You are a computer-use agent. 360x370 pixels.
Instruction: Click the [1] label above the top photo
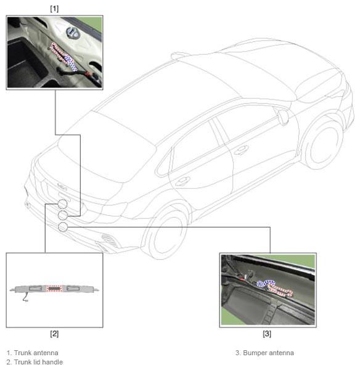54,9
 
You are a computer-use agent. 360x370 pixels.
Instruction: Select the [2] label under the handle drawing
54,334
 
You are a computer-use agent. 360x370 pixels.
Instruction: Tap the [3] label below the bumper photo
267,334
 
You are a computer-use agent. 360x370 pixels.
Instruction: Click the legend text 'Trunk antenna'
36,353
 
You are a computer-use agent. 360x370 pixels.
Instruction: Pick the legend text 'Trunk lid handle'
38,362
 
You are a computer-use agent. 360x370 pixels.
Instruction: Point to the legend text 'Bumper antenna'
269,353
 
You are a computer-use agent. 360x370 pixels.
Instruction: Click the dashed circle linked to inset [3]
63,227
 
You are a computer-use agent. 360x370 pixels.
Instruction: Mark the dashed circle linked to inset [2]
62,204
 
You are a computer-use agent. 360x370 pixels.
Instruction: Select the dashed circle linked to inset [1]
63,215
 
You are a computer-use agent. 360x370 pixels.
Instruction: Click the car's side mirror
283,117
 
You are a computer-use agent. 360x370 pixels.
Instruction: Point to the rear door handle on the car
183,181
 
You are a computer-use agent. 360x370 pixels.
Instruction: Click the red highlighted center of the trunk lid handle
54,289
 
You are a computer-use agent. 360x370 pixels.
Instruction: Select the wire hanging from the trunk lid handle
25,297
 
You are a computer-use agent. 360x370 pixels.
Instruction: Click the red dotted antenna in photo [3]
279,290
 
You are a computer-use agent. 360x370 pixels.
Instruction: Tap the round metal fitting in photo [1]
72,33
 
